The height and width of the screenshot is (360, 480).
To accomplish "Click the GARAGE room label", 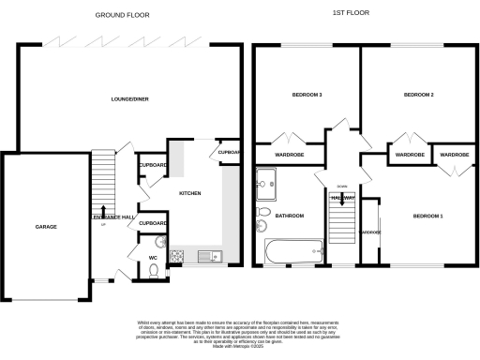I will tap(44, 227).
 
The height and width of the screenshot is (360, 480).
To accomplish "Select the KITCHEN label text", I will tap(190, 193).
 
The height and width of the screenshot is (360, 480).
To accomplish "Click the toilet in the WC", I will tap(154, 271).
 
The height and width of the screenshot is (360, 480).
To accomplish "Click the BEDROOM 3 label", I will tap(307, 95).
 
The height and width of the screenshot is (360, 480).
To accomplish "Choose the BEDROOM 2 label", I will tap(418, 95).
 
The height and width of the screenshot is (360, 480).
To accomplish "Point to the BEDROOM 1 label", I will tap(427, 217).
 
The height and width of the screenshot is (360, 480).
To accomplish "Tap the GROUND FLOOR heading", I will tap(121, 15).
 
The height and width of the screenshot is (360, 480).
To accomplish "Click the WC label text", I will tap(152, 256).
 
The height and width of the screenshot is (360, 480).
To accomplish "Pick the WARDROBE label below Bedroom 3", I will tap(288, 154).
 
